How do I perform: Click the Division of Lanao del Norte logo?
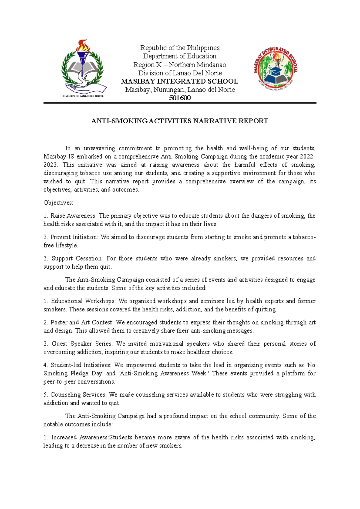click(x=83, y=68)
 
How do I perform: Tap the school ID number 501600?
click(x=180, y=98)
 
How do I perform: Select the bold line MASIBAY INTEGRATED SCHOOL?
click(x=179, y=81)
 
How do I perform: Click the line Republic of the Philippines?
click(x=180, y=48)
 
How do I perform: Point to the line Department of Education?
click(x=179, y=56)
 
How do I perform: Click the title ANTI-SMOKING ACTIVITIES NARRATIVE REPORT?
click(x=179, y=121)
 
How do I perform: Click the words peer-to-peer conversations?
click(x=79, y=382)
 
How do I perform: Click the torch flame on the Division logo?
click(x=83, y=46)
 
